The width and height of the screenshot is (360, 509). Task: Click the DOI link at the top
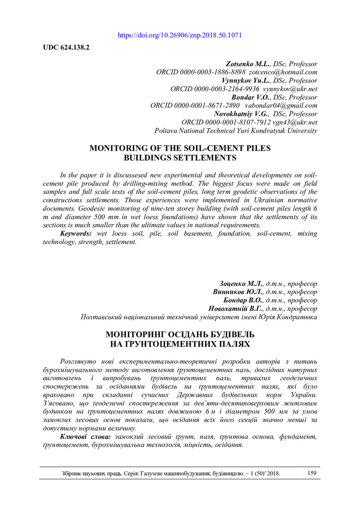(x=180, y=36)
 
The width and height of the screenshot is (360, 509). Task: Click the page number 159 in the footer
(x=312, y=473)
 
